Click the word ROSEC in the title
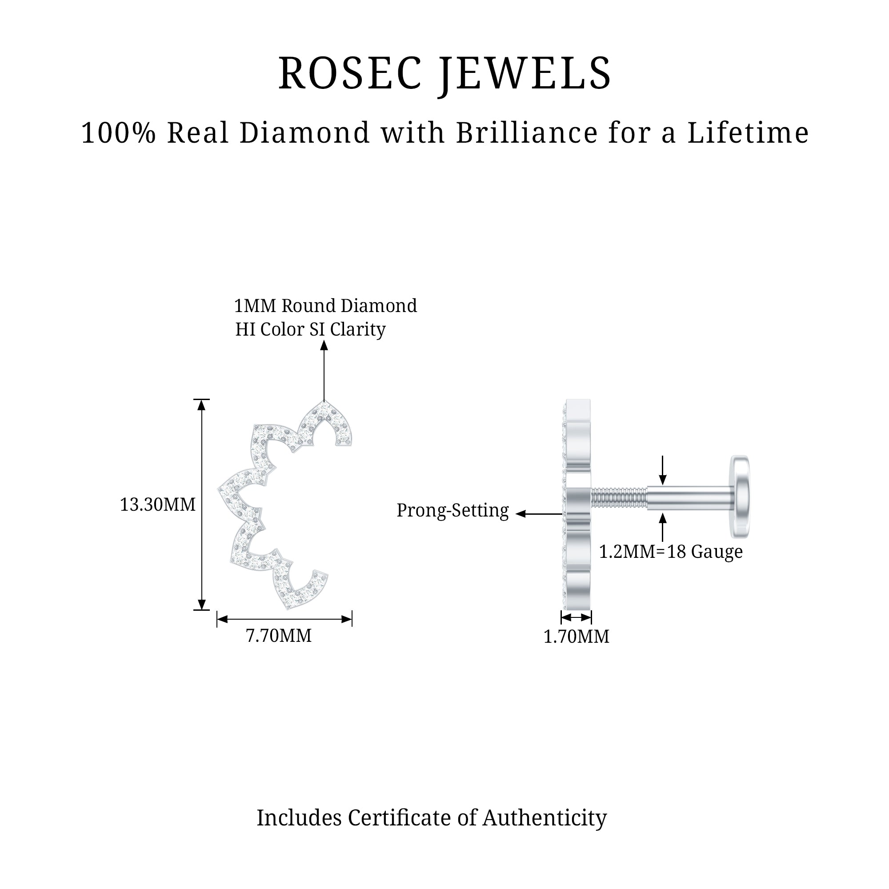pos(350,74)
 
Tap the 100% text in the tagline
pos(119,133)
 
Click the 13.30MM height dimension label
pos(158,505)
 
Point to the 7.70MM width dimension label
pos(279,636)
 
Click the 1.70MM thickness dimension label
pos(576,637)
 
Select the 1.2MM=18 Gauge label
pos(670,552)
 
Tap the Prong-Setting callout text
pos(453,510)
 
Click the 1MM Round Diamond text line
pos(325,306)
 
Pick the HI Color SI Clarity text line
pos(311,329)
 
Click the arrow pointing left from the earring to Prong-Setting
pos(538,513)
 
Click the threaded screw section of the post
pos(619,499)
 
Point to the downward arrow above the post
pos(662,470)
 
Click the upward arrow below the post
pos(662,527)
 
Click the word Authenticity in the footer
pos(545,818)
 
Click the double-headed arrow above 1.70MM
pos(576,617)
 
